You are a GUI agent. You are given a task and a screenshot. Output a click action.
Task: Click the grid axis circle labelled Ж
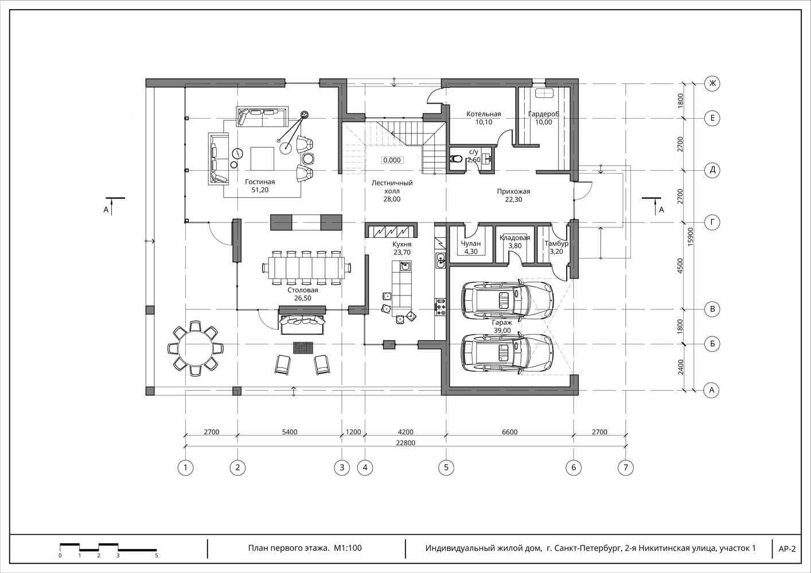click(x=712, y=84)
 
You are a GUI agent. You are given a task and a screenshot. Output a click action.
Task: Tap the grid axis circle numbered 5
click(x=446, y=468)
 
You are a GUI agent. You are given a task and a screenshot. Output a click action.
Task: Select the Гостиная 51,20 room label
click(x=260, y=186)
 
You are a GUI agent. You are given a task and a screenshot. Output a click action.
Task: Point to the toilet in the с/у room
click(x=455, y=159)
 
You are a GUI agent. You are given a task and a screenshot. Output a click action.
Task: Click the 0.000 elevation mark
click(x=392, y=160)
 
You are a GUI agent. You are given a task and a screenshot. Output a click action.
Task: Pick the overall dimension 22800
click(x=405, y=443)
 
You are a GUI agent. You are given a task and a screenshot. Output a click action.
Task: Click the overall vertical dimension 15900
click(x=691, y=237)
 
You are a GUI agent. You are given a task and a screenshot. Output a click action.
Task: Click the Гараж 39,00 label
click(x=502, y=326)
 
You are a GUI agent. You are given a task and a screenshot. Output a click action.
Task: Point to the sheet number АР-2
click(x=787, y=549)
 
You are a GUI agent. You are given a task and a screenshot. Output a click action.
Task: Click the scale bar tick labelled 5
click(x=157, y=555)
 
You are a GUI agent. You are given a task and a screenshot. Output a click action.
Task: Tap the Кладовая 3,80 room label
click(x=515, y=242)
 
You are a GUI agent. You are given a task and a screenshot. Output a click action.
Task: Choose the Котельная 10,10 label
click(x=484, y=118)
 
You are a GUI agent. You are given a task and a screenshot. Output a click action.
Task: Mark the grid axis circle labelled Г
click(x=712, y=222)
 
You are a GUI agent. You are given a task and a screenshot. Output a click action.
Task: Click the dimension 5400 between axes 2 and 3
click(x=290, y=431)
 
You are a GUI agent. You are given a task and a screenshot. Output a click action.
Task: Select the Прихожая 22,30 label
click(x=513, y=195)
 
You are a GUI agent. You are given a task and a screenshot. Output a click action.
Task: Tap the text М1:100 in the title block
click(x=348, y=548)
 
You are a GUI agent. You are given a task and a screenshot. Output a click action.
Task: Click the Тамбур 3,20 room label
click(x=556, y=248)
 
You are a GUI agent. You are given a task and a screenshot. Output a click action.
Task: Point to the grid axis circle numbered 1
click(x=185, y=468)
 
